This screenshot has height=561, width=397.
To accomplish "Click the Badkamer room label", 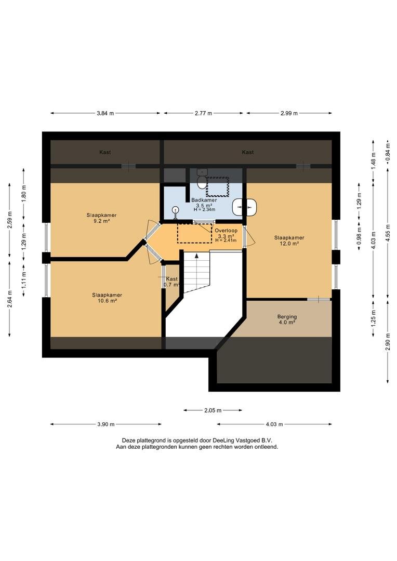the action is pos(204,200).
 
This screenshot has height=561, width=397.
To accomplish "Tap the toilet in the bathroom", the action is pos(202,178).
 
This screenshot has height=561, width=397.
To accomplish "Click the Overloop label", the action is pos(226,231).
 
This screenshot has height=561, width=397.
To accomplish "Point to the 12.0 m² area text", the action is pos(289,243).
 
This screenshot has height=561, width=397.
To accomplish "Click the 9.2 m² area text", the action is pos(101,221).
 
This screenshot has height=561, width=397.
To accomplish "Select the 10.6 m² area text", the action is pos(107,301).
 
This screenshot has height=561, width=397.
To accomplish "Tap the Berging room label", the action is pos(287,316).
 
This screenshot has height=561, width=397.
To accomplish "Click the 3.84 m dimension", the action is pos(105,113).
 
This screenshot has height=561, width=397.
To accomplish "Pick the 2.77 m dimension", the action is pos(203,113).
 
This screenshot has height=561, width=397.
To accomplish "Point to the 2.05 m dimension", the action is pos(213,410).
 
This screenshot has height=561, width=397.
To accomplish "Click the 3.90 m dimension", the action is pos(105,424).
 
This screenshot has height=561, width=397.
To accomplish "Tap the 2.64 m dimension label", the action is pos(9,299).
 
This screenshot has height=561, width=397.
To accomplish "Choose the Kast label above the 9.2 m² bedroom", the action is pos(105,152).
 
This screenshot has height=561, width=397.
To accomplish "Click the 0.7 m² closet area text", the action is pos(171,285).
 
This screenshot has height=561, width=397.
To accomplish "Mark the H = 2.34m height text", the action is pos(204,209).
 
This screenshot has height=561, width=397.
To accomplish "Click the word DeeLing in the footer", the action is pos(223,440).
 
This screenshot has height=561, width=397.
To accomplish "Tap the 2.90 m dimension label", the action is pos(388,342).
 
